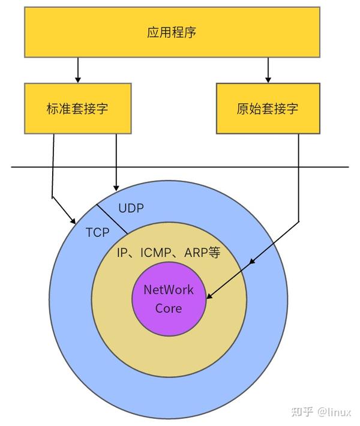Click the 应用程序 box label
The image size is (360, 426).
(x=172, y=32)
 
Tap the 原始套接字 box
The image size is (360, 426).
(x=267, y=109)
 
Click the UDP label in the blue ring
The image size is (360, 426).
(x=131, y=208)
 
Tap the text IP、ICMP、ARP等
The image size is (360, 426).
(x=168, y=253)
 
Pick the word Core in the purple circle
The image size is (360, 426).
(x=169, y=308)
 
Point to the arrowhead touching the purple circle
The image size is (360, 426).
(x=208, y=296)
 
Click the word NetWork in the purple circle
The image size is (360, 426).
(x=169, y=290)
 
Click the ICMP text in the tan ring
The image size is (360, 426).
(x=155, y=253)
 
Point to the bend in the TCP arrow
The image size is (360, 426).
(x=53, y=197)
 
